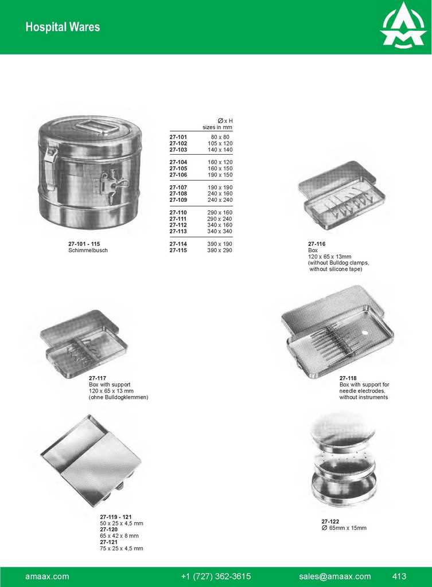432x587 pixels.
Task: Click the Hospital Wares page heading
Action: [63, 27]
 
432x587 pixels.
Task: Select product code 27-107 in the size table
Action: [178, 187]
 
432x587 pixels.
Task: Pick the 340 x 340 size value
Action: [220, 232]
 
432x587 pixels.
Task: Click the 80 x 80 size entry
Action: [220, 137]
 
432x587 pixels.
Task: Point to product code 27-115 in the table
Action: [178, 250]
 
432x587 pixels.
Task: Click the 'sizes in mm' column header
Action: [217, 127]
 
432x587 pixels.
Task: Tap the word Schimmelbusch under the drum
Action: [88, 250]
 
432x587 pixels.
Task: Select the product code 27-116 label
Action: [317, 244]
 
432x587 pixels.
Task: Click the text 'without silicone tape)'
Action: [336, 269]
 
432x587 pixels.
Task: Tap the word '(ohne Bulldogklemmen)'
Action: [118, 397]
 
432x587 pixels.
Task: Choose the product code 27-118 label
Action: [348, 378]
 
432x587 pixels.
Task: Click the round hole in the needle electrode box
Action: [364, 332]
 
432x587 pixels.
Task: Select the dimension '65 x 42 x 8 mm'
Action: [119, 536]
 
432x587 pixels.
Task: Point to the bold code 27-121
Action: [108, 542]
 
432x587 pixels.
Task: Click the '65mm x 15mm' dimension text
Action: [348, 528]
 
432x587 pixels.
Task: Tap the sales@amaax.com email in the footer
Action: [335, 577]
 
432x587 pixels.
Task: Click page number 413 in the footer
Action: [399, 577]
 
